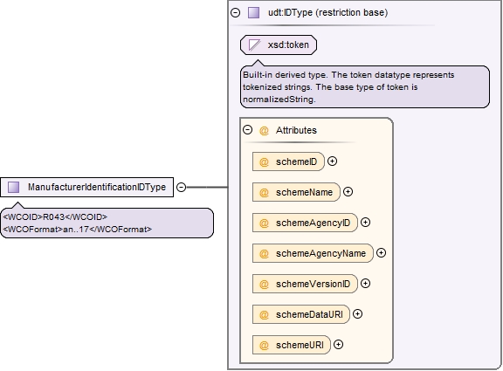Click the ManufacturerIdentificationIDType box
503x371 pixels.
point(87,187)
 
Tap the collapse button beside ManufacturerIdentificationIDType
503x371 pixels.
point(182,187)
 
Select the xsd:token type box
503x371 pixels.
point(279,45)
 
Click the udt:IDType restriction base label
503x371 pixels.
point(327,12)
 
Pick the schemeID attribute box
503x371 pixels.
point(288,161)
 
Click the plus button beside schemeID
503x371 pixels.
point(333,161)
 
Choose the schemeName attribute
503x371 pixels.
point(296,192)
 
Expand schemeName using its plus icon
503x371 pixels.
point(348,192)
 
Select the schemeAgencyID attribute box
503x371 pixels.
point(305,223)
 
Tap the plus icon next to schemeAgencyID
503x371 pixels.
point(365,223)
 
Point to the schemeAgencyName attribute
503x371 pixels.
point(313,253)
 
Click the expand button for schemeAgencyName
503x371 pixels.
point(381,253)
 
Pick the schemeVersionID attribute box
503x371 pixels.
point(305,284)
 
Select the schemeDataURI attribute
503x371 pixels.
point(301,314)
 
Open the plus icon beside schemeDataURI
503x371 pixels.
point(358,314)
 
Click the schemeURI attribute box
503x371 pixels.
point(292,345)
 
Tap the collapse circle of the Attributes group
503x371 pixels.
point(248,130)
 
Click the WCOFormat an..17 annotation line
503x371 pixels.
point(78,230)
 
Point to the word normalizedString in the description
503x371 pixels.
point(279,100)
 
